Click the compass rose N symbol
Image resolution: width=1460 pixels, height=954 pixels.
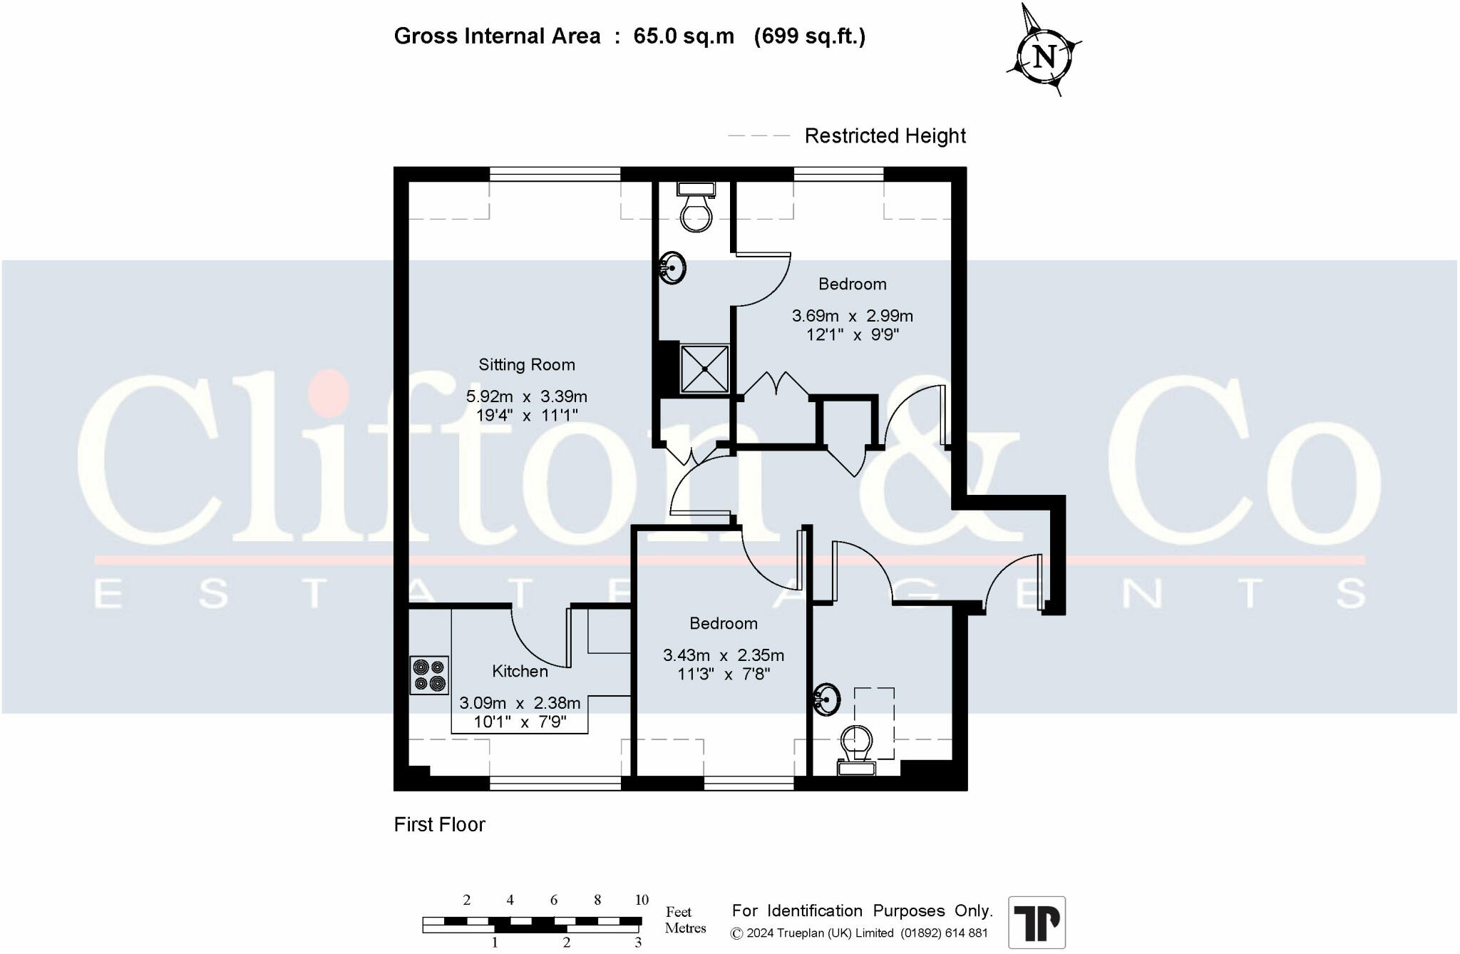pyautogui.click(x=1044, y=56)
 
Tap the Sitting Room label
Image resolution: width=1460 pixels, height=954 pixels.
pyautogui.click(x=526, y=365)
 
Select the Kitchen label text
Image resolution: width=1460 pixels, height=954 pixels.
pyautogui.click(x=520, y=672)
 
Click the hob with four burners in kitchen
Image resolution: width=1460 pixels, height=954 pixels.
pyautogui.click(x=429, y=675)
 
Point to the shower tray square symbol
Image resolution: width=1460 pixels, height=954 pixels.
pyautogui.click(x=704, y=369)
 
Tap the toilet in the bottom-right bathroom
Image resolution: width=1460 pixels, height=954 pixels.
pyautogui.click(x=856, y=747)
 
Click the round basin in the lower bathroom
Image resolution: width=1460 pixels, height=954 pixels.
pyautogui.click(x=826, y=699)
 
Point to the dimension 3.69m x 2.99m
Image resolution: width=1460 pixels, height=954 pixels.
pyautogui.click(x=852, y=316)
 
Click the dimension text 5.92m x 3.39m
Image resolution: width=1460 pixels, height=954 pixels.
pyautogui.click(x=526, y=396)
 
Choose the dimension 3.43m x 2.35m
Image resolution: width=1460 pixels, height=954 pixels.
pyautogui.click(x=723, y=655)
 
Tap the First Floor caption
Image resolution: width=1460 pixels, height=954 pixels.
pyautogui.click(x=439, y=825)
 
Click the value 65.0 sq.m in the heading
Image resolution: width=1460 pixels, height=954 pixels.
pyautogui.click(x=683, y=36)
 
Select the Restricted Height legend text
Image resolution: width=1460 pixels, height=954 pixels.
pyautogui.click(x=885, y=136)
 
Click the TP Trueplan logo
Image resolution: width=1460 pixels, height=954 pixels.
pyautogui.click(x=1037, y=923)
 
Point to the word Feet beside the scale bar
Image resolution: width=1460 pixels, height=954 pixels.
pyautogui.click(x=678, y=912)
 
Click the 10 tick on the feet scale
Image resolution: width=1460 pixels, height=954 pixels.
pyautogui.click(x=642, y=900)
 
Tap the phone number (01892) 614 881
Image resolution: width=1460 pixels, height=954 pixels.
pyautogui.click(x=944, y=933)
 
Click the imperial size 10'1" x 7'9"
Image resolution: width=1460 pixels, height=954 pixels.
pyautogui.click(x=520, y=722)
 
